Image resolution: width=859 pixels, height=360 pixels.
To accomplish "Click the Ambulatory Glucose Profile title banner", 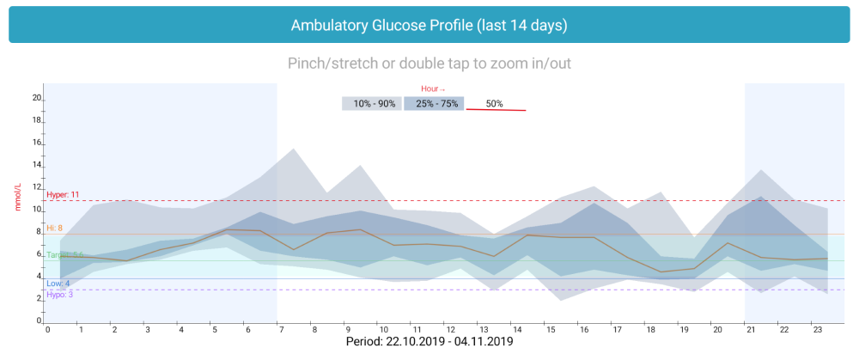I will pos(429,25).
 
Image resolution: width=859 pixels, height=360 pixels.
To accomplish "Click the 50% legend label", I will pos(495,104).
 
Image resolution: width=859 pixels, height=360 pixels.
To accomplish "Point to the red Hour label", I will pos(433,88).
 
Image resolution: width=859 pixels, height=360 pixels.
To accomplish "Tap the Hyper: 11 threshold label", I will pos(63,195).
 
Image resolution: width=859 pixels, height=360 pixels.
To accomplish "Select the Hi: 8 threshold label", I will pos(55,228).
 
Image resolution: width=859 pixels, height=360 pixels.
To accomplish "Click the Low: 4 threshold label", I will pos(58,284).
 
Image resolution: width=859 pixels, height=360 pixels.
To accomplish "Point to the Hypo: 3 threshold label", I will pos(58,294).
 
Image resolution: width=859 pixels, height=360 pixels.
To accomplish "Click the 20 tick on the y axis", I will pos(37,98).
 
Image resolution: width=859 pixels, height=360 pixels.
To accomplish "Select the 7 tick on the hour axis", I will pos(281,330).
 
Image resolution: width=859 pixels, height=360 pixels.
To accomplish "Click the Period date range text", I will pos(429,341).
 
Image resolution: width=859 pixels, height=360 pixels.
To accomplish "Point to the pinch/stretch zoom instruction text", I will pos(429,63).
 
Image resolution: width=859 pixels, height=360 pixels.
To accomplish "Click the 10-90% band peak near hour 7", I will pos(294,149).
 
